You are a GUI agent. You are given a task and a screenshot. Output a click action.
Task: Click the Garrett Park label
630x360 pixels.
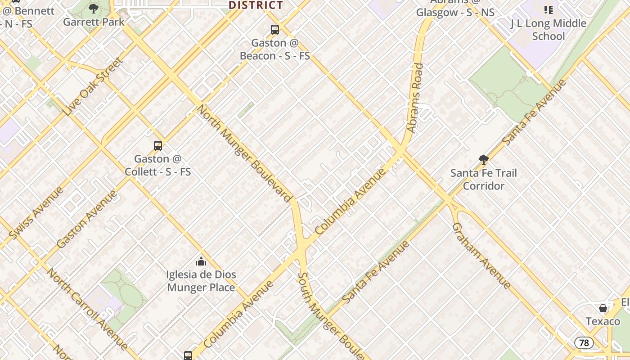[x=94, y=22]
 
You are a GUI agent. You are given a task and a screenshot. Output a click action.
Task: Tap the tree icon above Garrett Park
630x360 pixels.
[x=94, y=8]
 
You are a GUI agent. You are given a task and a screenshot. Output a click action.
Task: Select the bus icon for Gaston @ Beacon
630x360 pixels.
[x=275, y=30]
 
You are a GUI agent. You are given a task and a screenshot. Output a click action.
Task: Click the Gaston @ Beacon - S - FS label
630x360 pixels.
[x=275, y=49]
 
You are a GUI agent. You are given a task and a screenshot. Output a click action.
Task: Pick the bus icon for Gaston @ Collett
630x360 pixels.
[x=158, y=145]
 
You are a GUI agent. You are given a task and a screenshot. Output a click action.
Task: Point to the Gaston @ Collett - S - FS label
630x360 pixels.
[x=158, y=165]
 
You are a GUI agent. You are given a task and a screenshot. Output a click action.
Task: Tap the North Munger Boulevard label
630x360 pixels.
[x=244, y=153]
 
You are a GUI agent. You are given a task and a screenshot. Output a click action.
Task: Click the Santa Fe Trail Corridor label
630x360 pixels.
[x=484, y=179]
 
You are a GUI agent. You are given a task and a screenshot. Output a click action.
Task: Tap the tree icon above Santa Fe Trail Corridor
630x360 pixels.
[x=484, y=159]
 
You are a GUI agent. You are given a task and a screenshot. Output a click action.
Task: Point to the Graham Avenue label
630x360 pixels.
[x=481, y=256]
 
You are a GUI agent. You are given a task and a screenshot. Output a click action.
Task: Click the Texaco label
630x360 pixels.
[x=603, y=321]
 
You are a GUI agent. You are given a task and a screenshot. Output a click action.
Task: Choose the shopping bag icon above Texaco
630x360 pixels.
[x=603, y=308]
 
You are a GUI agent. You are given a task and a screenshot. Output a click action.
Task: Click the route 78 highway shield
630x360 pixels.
[x=584, y=343]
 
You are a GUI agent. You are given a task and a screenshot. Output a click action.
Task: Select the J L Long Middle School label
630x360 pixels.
[x=548, y=30]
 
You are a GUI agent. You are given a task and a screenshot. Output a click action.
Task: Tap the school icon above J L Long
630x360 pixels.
[x=548, y=9]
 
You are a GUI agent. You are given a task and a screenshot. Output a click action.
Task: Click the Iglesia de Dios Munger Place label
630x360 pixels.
[x=201, y=281]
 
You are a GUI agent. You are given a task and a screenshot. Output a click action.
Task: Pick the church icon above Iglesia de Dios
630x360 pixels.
[x=201, y=261]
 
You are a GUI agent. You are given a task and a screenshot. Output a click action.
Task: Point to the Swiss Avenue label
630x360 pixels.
[x=36, y=213]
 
